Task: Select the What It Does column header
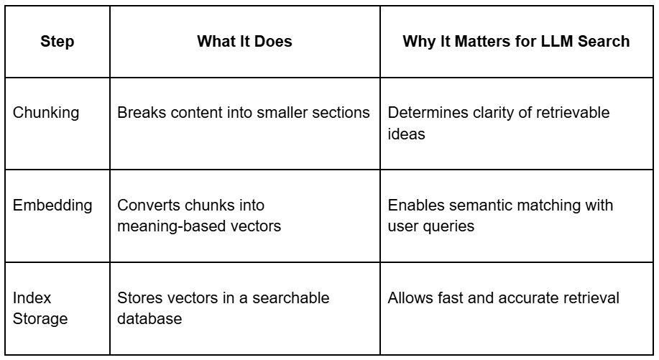pyautogui.click(x=244, y=42)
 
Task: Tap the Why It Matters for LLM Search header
pyautogui.click(x=517, y=42)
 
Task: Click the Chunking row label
pyautogui.click(x=45, y=113)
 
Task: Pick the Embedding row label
pyautogui.click(x=53, y=206)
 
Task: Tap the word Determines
pyautogui.click(x=425, y=113)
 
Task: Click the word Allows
pyautogui.click(x=410, y=297)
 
